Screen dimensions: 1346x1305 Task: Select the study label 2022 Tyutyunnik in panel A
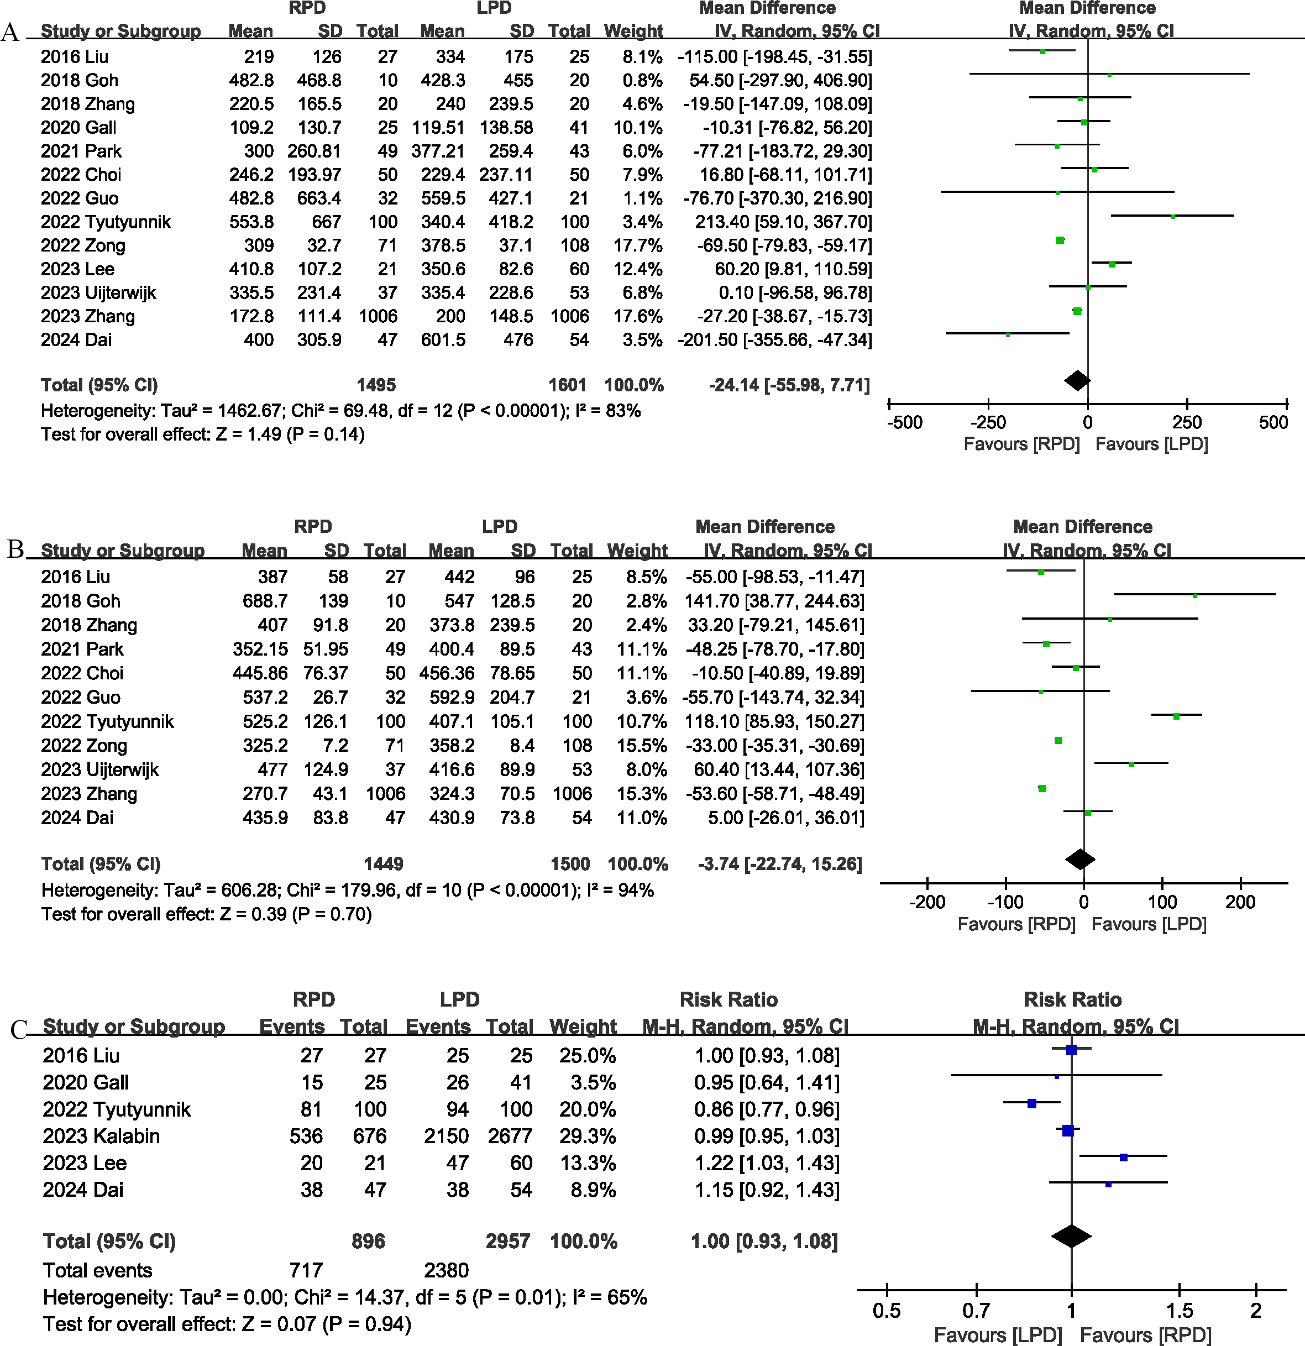[x=105, y=222]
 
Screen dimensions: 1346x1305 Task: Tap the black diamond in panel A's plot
[x=1077, y=380]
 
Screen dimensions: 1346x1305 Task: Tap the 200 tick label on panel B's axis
[x=1240, y=902]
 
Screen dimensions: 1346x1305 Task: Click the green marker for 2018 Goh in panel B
[x=1195, y=596]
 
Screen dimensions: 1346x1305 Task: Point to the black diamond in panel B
[x=1079, y=858]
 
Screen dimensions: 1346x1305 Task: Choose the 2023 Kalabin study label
[x=101, y=1136]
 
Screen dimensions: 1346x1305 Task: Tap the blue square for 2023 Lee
[x=1124, y=1157]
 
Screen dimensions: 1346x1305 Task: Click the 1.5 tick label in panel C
[x=1180, y=1310]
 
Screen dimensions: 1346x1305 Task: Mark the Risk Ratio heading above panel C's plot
[x=1072, y=999]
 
